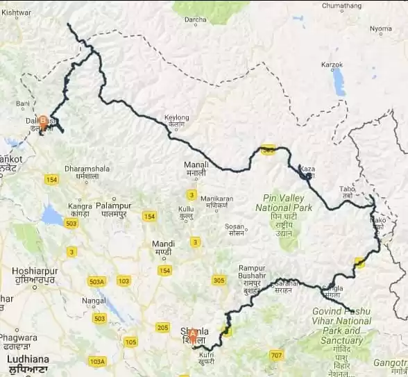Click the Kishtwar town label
(17, 13)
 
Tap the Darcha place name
(196, 19)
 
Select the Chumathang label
(343, 6)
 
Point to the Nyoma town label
(380, 29)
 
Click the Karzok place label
(332, 65)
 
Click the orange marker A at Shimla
(192, 333)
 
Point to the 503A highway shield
(97, 281)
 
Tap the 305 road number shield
(219, 280)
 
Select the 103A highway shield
(97, 362)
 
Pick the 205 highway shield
(163, 327)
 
